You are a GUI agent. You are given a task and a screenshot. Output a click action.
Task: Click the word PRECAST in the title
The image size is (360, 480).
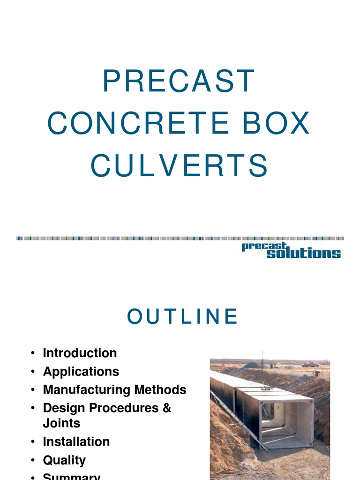pyautogui.click(x=179, y=81)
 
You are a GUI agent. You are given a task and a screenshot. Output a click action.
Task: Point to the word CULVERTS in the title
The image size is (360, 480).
pyautogui.click(x=179, y=166)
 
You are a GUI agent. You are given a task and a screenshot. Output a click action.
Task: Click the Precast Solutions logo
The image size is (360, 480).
pyautogui.click(x=291, y=250)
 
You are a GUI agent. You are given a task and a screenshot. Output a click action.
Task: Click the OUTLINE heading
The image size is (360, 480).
pyautogui.click(x=183, y=317)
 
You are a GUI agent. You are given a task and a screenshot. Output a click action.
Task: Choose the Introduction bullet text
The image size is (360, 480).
pyautogui.click(x=80, y=353)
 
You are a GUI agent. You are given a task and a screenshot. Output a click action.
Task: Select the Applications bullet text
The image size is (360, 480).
pyautogui.click(x=81, y=372)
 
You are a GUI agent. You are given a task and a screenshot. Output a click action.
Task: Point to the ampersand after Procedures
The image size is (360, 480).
pyautogui.click(x=167, y=408)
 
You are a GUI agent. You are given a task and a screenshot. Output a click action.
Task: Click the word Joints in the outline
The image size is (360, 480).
pyautogui.click(x=61, y=423)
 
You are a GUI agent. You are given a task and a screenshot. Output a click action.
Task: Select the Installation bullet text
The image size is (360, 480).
pyautogui.click(x=76, y=442)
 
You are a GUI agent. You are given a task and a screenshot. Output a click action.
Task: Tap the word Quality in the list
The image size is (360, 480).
pyautogui.click(x=64, y=460)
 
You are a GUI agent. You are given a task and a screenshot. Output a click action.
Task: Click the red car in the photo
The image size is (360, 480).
pyautogui.click(x=310, y=364)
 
